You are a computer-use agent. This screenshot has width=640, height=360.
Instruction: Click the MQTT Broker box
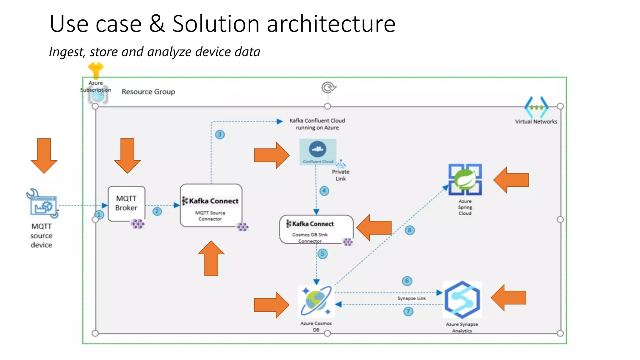pyautogui.click(x=126, y=203)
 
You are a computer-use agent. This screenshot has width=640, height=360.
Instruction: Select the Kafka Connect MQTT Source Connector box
pyautogui.click(x=211, y=205)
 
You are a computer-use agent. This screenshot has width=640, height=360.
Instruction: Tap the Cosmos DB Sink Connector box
pyautogui.click(x=316, y=230)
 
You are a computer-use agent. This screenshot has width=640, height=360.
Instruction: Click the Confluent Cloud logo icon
pyautogui.click(x=318, y=149)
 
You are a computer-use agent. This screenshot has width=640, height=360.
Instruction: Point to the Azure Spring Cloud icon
pyautogui.click(x=465, y=180)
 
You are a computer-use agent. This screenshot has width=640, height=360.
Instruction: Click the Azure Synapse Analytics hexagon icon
pyautogui.click(x=462, y=299)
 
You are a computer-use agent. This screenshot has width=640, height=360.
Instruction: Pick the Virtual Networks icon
pyautogui.click(x=536, y=107)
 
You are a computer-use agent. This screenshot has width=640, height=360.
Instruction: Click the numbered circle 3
pyautogui.click(x=220, y=135)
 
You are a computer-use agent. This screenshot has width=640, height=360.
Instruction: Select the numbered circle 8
pyautogui.click(x=410, y=230)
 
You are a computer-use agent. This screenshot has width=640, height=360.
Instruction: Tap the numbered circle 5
pyautogui.click(x=322, y=254)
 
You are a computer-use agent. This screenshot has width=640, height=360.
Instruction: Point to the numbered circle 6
pyautogui.click(x=407, y=281)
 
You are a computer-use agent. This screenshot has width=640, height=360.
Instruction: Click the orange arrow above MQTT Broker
pyautogui.click(x=127, y=155)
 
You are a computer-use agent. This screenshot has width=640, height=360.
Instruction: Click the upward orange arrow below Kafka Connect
pyautogui.click(x=211, y=258)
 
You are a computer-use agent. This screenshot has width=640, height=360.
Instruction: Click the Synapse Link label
pyautogui.click(x=412, y=298)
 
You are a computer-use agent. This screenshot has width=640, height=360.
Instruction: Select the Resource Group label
pyautogui.click(x=148, y=92)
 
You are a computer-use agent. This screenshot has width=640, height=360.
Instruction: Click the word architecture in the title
pyautogui.click(x=331, y=24)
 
